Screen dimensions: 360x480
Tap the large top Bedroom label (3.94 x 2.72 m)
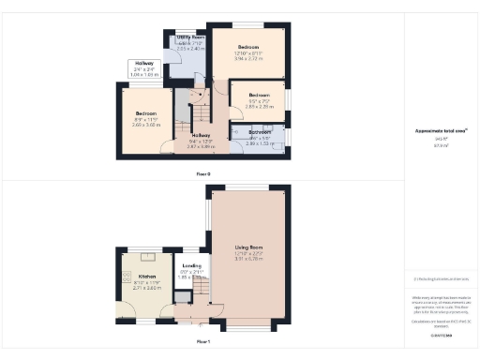click(247, 47)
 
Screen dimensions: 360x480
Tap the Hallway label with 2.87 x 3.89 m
click(201, 137)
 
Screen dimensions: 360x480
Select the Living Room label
click(250, 251)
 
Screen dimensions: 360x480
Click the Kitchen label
click(147, 277)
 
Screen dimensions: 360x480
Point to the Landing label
click(191, 266)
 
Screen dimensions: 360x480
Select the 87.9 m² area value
click(438, 145)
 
